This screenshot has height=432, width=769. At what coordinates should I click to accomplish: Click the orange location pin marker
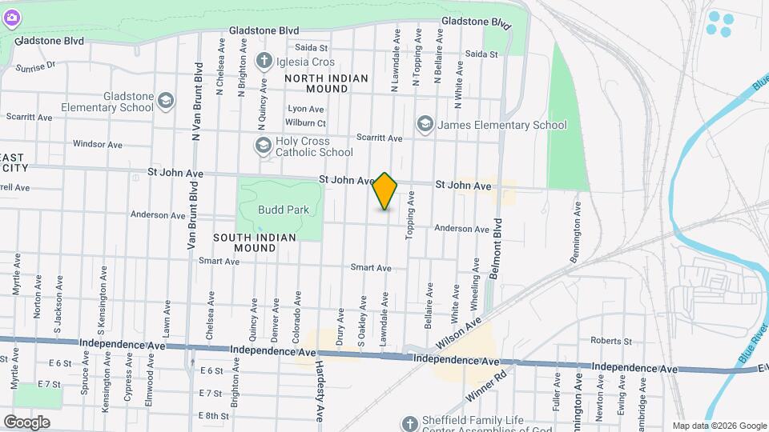(x=385, y=191)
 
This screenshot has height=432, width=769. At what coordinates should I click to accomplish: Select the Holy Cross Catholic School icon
(x=263, y=146)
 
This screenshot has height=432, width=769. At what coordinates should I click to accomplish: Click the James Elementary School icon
(x=424, y=124)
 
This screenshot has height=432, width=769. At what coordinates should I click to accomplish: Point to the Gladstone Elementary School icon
(x=166, y=101)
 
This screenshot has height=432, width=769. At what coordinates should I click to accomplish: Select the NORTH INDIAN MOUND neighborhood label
(x=326, y=83)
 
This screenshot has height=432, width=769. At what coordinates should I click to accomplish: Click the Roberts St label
(x=611, y=340)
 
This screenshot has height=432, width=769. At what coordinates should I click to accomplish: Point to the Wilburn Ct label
(x=305, y=123)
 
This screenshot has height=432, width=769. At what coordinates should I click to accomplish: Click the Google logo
(x=26, y=422)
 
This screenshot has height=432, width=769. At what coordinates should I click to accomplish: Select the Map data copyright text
(x=719, y=426)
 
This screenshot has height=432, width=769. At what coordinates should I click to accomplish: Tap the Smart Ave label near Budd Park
(x=214, y=261)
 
